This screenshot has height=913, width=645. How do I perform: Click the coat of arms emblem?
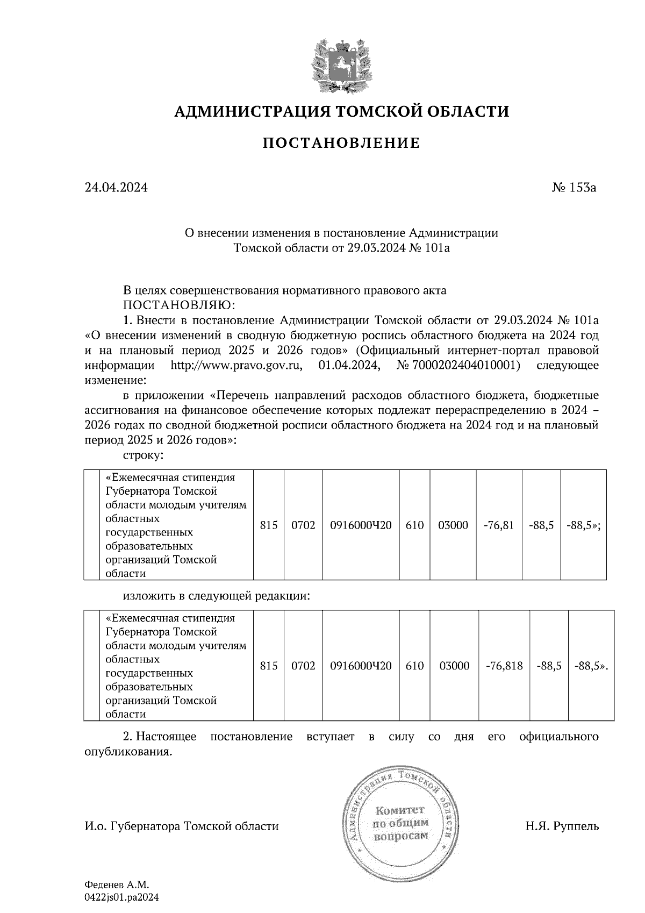coord(341,64)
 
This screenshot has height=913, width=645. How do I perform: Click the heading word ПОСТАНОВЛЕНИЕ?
coord(341,143)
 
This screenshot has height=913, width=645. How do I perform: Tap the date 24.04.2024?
coord(116,188)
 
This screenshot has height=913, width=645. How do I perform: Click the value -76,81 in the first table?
coord(499,525)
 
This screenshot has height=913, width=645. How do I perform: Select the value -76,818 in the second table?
coord(504,666)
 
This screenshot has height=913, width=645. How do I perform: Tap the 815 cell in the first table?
coord(268,525)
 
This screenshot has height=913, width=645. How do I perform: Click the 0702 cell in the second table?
coord(303,666)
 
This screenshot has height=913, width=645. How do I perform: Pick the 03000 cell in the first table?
coord(453,525)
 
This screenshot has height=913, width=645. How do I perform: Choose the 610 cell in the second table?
coord(414,666)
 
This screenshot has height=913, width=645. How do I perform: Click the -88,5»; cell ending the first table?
coord(583,525)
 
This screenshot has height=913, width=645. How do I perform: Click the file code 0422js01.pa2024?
coord(122,897)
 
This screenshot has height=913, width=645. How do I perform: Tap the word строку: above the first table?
coord(144,455)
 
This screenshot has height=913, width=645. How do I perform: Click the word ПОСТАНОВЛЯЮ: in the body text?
coord(179,305)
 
